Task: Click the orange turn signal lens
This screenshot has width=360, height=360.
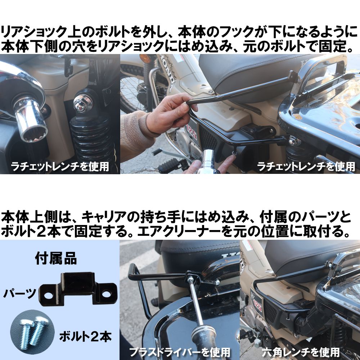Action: pyautogui.click(x=145, y=59)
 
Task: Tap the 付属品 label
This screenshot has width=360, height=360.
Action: pyautogui.click(x=55, y=258)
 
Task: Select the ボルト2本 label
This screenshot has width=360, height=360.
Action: pyautogui.click(x=86, y=337)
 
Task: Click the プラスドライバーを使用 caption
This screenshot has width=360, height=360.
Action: pyautogui.click(x=179, y=351)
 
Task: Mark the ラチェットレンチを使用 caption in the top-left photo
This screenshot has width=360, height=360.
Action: pyautogui.click(x=60, y=166)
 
